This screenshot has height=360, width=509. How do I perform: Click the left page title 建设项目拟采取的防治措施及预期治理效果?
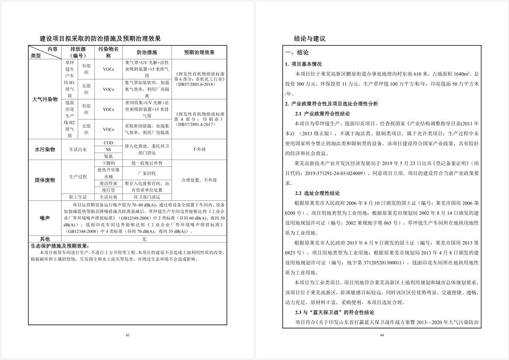click(x=100, y=39)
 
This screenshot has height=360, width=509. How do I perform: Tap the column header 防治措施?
click(x=146, y=52)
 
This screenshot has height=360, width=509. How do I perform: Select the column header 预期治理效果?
click(x=199, y=52)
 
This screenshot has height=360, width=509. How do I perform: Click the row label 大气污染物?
click(x=45, y=99)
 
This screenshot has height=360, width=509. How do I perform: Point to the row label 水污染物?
click(x=45, y=149)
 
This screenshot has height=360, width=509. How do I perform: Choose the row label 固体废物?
click(x=45, y=180)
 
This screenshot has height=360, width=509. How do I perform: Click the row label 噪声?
click(x=45, y=218)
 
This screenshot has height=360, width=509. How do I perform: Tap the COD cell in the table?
click(x=108, y=143)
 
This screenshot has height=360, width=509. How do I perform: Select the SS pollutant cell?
click(x=108, y=149)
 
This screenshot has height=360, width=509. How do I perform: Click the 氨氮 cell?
click(x=108, y=156)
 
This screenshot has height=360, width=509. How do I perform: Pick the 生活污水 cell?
click(x=78, y=149)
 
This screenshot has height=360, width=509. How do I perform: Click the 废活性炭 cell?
click(x=108, y=183)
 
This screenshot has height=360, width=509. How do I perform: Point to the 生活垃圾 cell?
click(x=108, y=197)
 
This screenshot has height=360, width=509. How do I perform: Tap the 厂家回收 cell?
click(x=147, y=173)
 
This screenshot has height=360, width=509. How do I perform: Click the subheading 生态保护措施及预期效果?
click(x=59, y=246)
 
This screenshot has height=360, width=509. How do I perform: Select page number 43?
click(x=127, y=335)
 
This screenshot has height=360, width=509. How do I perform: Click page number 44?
click(x=382, y=335)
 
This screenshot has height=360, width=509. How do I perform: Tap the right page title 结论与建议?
click(x=309, y=39)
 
